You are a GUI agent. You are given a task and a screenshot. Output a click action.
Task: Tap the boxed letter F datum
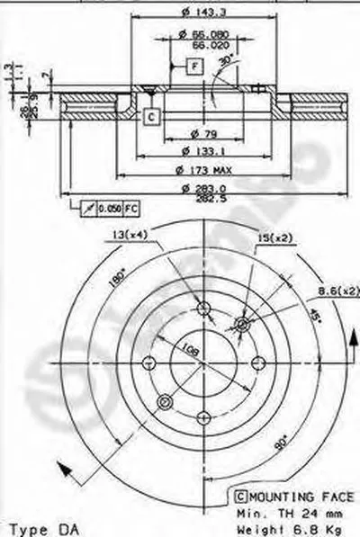193,65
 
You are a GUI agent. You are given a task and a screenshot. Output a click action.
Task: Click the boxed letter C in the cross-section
151,115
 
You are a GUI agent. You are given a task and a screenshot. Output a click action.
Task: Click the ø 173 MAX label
206,170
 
